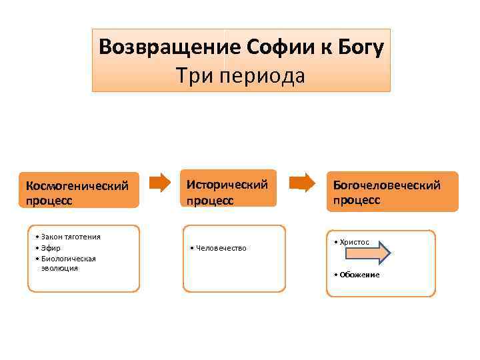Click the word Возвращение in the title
pyautogui.click(x=170, y=47)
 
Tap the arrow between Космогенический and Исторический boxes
pyautogui.click(x=160, y=182)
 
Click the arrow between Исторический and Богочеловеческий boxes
pyautogui.click(x=304, y=182)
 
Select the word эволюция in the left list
pyautogui.click(x=59, y=267)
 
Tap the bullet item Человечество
pyautogui.click(x=221, y=248)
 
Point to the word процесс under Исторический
pyautogui.click(x=210, y=199)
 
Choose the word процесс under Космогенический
pyautogui.click(x=49, y=199)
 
